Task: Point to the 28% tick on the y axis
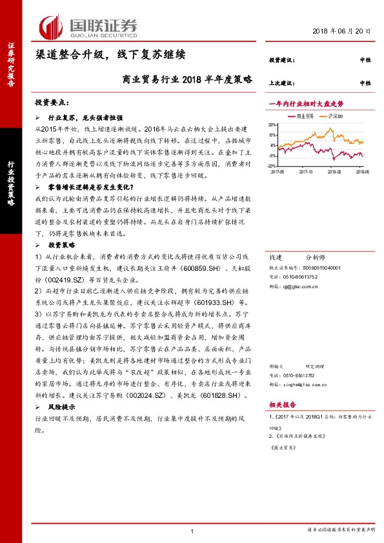272,125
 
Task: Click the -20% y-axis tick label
272,166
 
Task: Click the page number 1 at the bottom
192,530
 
